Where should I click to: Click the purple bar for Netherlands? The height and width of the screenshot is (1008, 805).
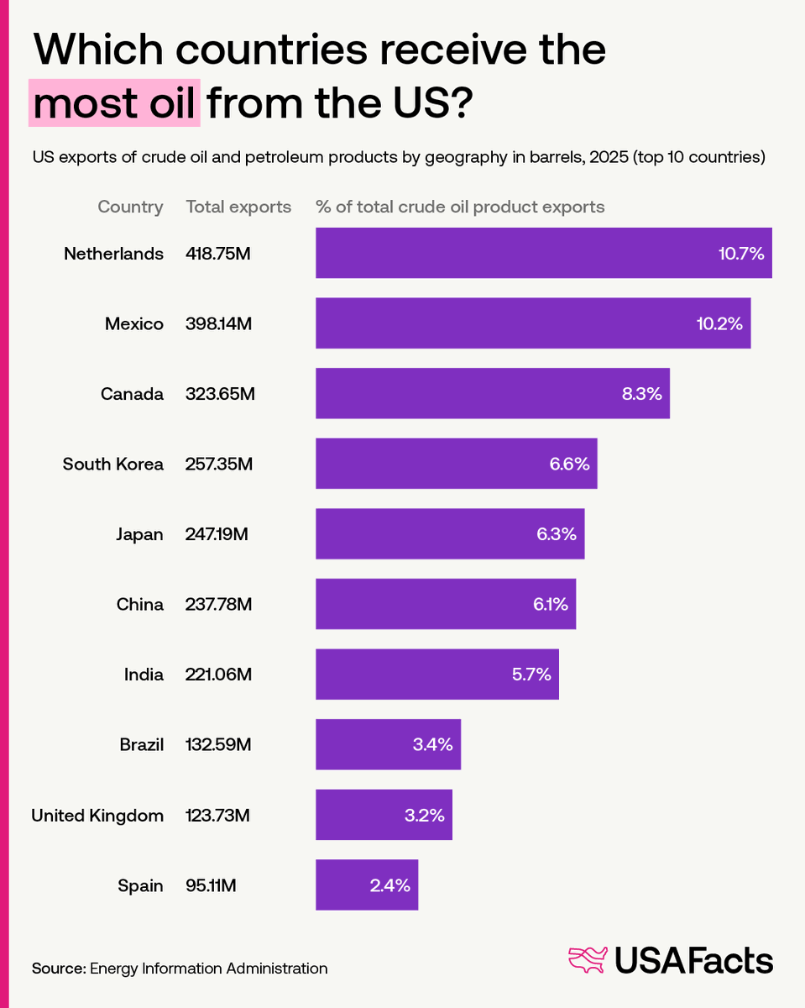coord(543,253)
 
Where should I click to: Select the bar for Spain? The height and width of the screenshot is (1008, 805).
coord(367,885)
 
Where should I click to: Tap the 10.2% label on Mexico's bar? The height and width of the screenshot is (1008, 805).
coord(719,323)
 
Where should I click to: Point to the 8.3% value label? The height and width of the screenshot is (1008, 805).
coord(642,394)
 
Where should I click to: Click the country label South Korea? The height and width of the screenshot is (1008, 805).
coord(113,464)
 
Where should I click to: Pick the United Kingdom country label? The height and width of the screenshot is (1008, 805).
coord(97,815)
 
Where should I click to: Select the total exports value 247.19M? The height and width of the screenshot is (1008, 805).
coord(217,534)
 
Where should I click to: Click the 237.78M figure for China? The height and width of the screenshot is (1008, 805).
coord(218,604)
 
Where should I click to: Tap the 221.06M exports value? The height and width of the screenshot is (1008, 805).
coord(218,675)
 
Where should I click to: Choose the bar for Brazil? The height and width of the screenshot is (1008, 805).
coord(388,744)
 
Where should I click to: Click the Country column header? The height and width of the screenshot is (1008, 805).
coord(130,207)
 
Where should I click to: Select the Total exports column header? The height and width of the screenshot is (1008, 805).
coord(238,207)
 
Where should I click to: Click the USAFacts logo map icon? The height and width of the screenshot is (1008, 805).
coord(588,959)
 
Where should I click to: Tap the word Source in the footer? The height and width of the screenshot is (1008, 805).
coord(58,969)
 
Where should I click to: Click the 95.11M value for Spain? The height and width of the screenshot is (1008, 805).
coord(212,885)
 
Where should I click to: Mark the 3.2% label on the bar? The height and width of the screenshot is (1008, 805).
coord(423,815)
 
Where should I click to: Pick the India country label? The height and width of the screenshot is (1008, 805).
coord(144,675)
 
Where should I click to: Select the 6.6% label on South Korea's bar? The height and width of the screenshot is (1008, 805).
coord(569,464)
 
